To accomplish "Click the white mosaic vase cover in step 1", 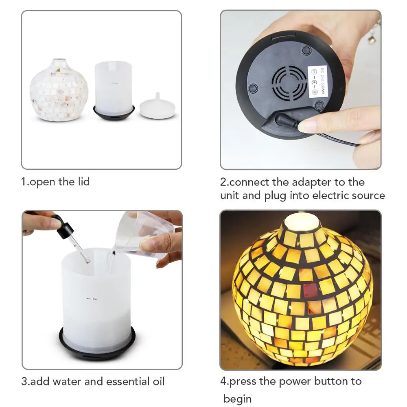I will click(x=59, y=90).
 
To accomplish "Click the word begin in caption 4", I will click(x=237, y=398).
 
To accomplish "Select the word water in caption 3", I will click(x=72, y=381).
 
